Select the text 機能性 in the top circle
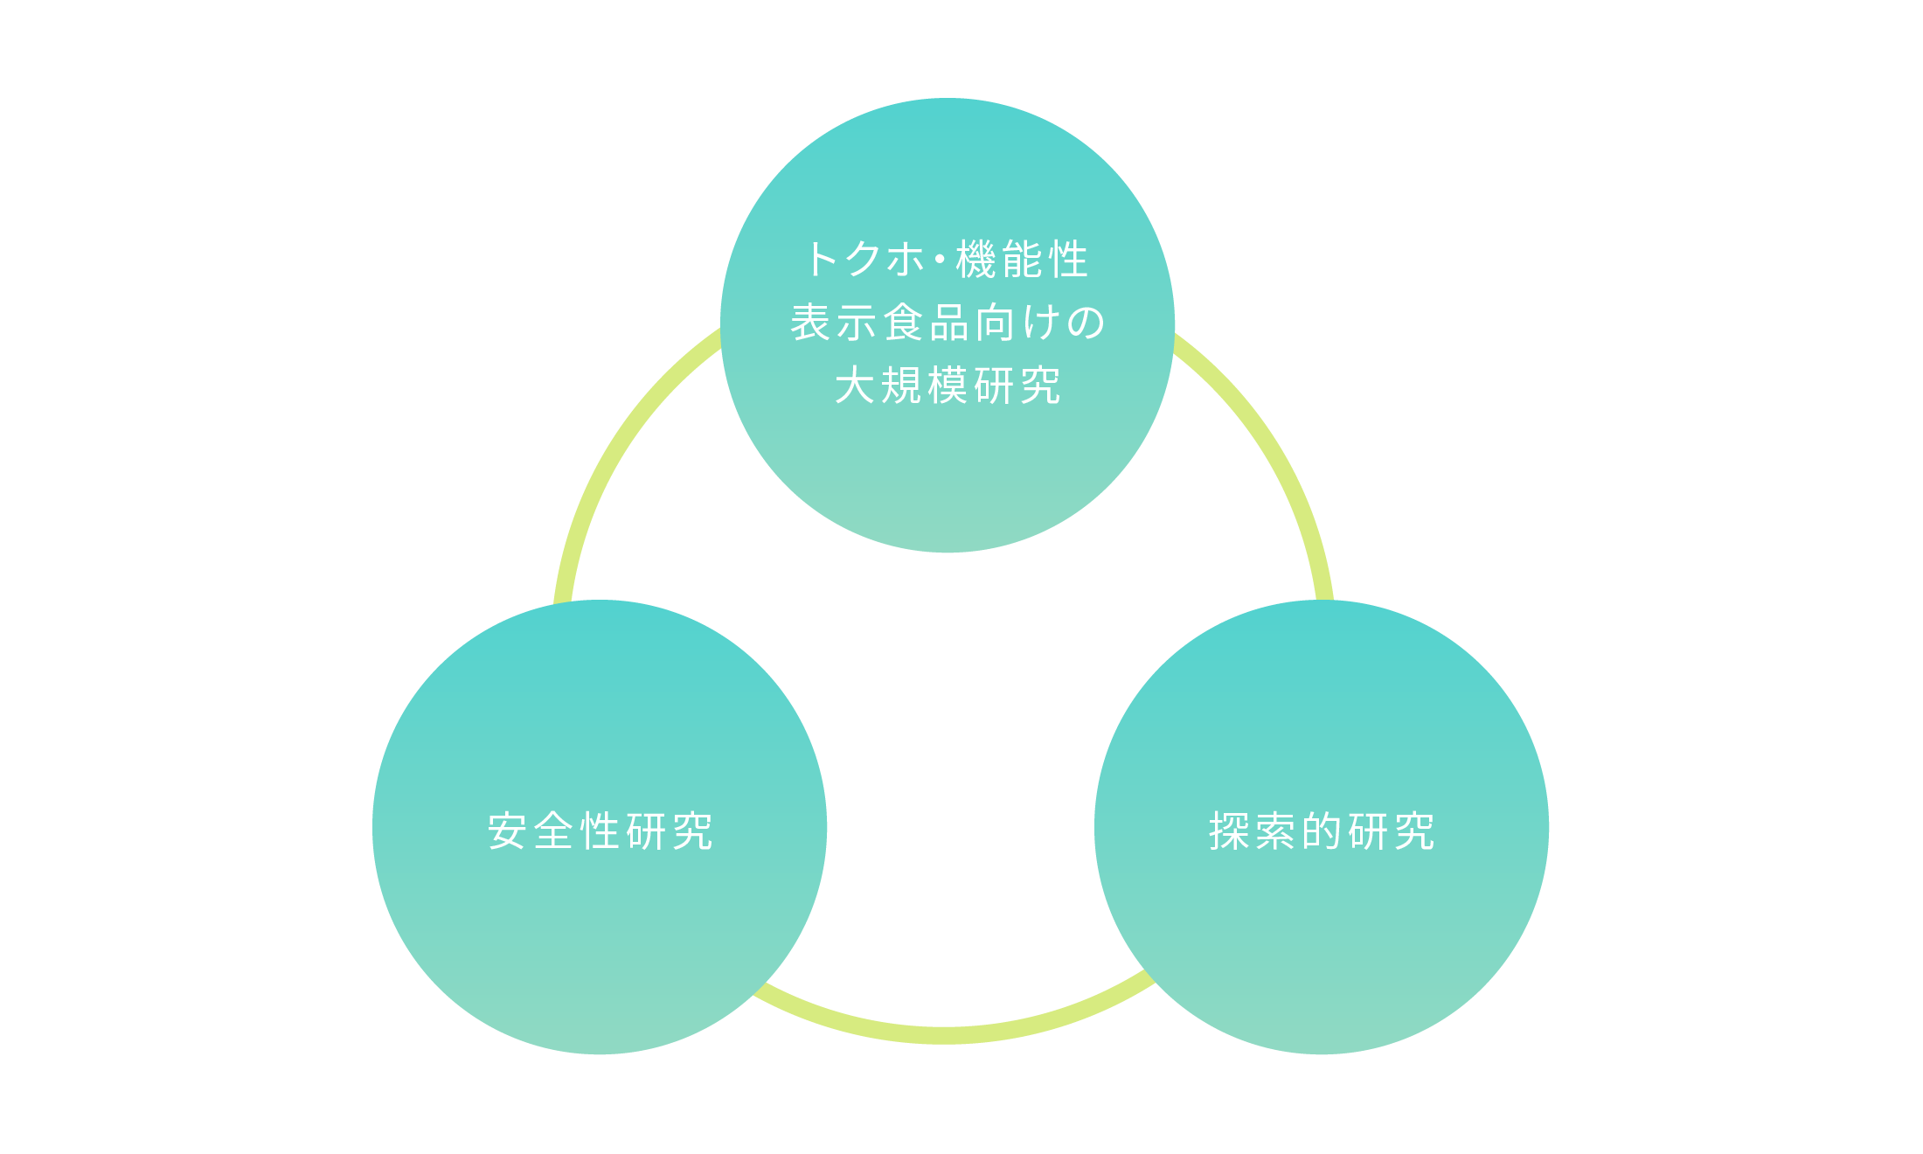pos(1022,260)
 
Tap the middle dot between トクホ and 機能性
pos(940,261)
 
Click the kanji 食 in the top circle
pos(904,323)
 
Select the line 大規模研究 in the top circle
pos(948,386)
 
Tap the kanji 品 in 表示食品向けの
pos(950,323)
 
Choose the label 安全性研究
pos(601,831)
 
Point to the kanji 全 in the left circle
pos(553,831)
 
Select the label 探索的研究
pos(1322,831)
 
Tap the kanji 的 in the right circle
pos(1322,831)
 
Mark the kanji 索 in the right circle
pos(1275,831)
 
